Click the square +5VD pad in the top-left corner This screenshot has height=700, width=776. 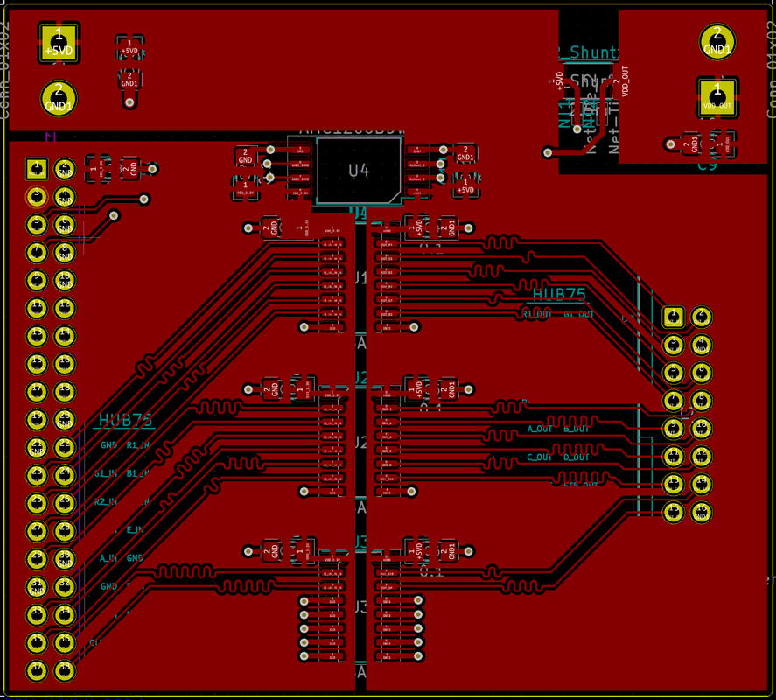coord(59,43)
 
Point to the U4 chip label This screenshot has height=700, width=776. coord(359,171)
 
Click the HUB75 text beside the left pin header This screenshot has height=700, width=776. coord(126,421)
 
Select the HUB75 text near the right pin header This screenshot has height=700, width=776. coord(559,295)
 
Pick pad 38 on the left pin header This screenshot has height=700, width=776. coord(64,669)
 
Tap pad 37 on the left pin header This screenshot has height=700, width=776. coord(37,669)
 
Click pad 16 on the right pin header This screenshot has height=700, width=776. coord(701,512)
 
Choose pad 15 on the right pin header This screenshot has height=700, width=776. coord(673,512)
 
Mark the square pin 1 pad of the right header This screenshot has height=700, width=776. coord(673,316)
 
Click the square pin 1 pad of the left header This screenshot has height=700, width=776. coord(37,167)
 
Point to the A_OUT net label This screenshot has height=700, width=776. coord(541,430)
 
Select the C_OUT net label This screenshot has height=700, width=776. coord(541,458)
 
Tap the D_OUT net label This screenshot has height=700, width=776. coord(577,458)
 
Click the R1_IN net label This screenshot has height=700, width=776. coord(138,445)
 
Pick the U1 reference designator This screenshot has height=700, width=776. coord(360,278)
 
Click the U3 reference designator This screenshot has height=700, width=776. coord(360,605)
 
